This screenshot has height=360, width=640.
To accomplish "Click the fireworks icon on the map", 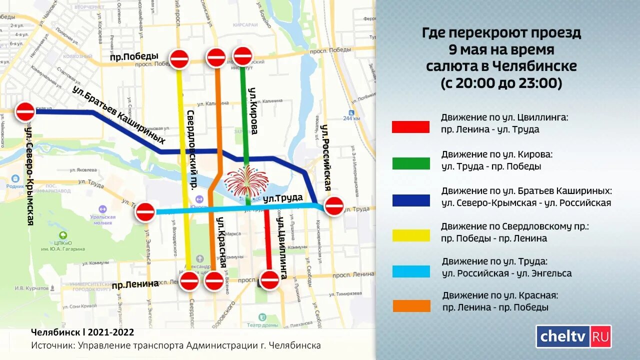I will (x=246, y=181).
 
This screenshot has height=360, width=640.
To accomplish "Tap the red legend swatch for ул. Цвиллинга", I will (x=410, y=127).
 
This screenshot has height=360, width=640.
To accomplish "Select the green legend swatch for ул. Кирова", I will (x=410, y=163).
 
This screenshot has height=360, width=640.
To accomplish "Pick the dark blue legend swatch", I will (x=410, y=200).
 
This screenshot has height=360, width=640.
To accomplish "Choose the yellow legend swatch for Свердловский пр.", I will (x=410, y=235).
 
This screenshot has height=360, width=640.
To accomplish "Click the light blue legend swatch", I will (x=411, y=271).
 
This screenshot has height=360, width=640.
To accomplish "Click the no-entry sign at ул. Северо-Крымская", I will (x=25, y=111).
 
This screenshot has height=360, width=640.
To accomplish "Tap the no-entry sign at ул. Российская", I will (x=333, y=205).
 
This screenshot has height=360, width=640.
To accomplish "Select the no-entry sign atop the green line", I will (x=243, y=56).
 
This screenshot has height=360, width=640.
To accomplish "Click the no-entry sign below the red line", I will (x=269, y=279).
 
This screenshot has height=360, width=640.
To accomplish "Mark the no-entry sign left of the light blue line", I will (x=145, y=212).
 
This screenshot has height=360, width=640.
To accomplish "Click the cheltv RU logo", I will (x=573, y=336).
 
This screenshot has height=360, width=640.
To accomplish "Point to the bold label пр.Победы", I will (x=134, y=56).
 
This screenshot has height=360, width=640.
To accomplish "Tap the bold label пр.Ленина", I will (x=135, y=284).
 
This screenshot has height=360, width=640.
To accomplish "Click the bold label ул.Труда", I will (x=283, y=198).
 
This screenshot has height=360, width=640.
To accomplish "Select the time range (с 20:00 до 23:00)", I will (x=501, y=83).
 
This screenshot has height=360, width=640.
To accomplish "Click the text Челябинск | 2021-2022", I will (x=82, y=332).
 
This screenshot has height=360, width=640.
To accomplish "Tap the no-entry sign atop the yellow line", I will (x=179, y=59).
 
